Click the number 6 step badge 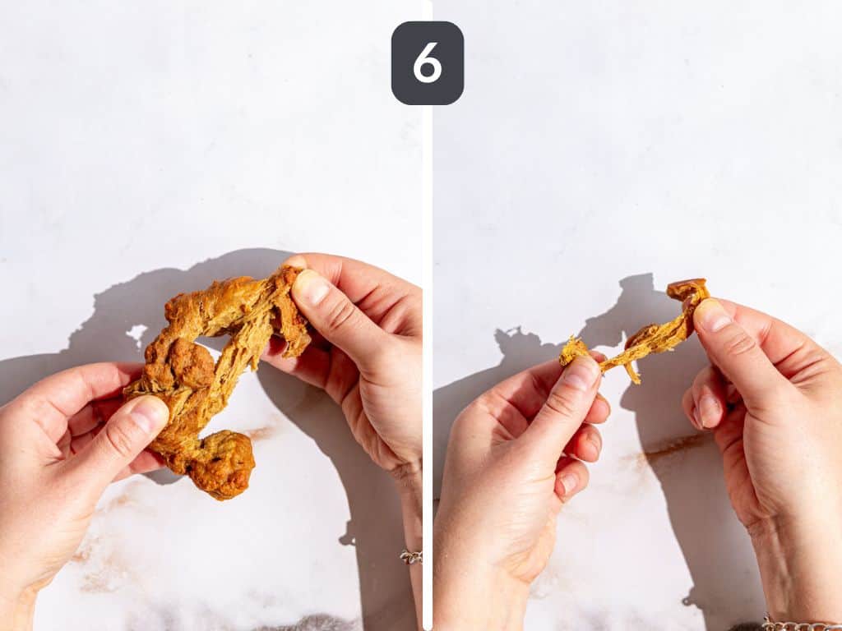(428, 62)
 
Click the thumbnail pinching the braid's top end (310, 287)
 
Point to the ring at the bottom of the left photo (411, 557)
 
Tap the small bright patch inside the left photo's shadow (137, 334)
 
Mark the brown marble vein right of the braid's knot (261, 432)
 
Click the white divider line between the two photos (428, 365)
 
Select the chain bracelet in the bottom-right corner (800, 624)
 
